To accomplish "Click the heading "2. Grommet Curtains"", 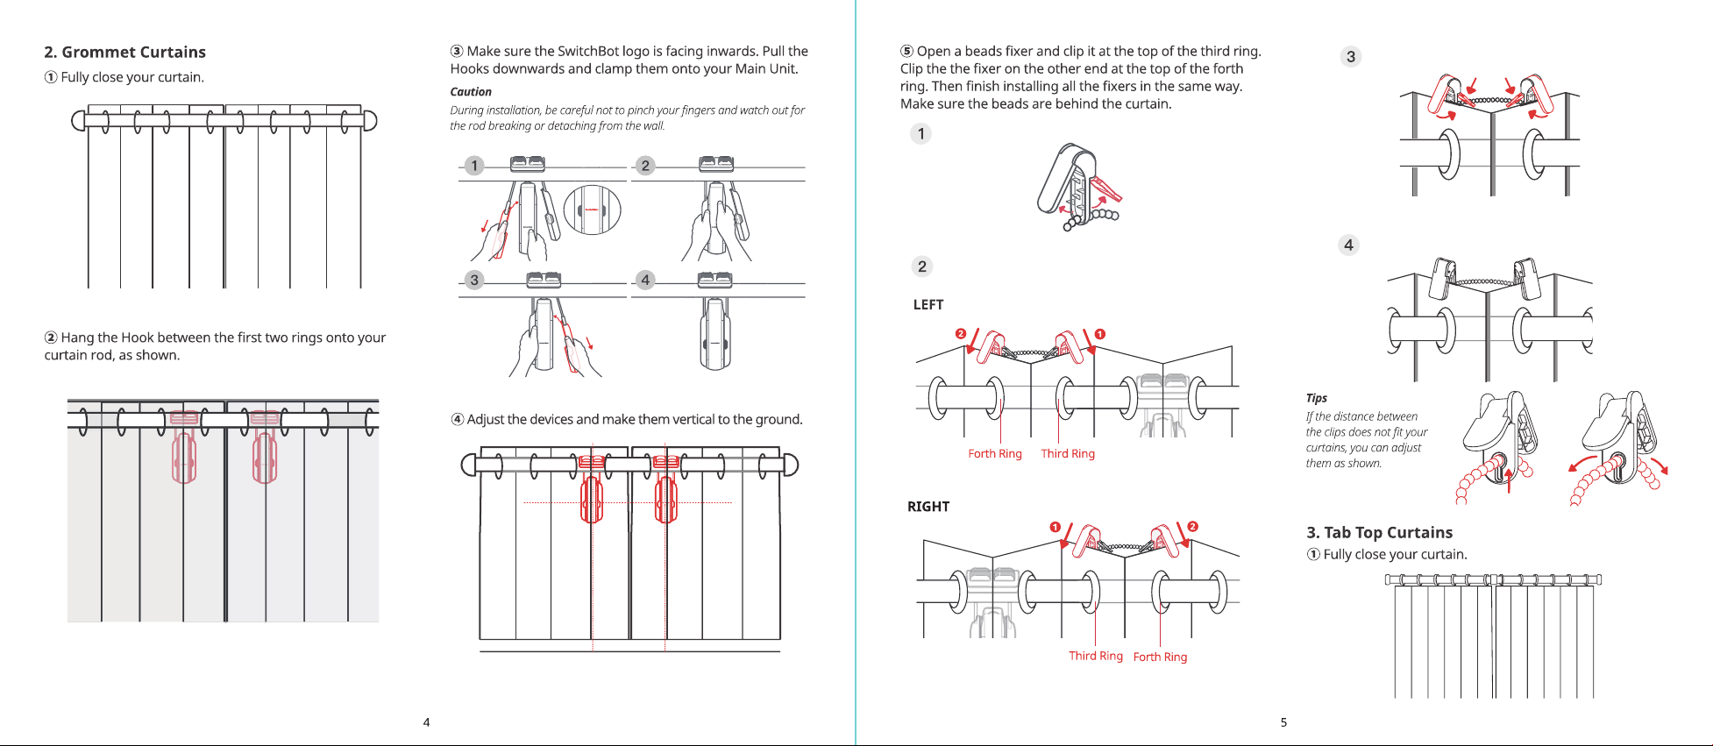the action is click(x=125, y=53).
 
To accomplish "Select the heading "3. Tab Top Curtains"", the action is click(x=1379, y=533).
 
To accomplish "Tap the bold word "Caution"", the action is click(x=471, y=92).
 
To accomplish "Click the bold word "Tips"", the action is click(x=1317, y=398).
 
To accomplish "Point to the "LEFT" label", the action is click(x=928, y=305).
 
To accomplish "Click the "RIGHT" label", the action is click(x=928, y=507).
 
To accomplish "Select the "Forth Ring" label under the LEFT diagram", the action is click(x=995, y=454).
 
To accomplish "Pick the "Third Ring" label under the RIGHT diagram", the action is click(x=1096, y=656).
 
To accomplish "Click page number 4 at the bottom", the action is click(x=427, y=722).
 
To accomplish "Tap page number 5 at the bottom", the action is click(x=1283, y=722).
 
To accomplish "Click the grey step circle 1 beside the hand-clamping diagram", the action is click(x=474, y=166).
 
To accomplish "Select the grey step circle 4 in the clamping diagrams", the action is click(x=645, y=280).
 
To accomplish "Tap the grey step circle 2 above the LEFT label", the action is click(x=921, y=266).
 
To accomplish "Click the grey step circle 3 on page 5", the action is click(x=1351, y=57).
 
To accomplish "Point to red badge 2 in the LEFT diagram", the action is click(x=961, y=334).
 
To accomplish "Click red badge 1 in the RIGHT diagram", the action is click(x=1056, y=527).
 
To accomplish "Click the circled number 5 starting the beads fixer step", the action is click(x=907, y=52).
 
